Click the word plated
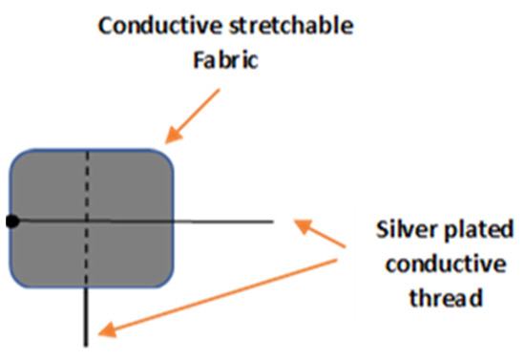pyautogui.click(x=474, y=230)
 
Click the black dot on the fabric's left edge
pyautogui.click(x=11, y=222)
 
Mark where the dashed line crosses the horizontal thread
pyautogui.click(x=88, y=222)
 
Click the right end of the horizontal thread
pyautogui.click(x=273, y=222)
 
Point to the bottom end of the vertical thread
pyautogui.click(x=88, y=341)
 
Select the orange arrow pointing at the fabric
pyautogui.click(x=197, y=116)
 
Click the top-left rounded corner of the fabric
pyautogui.click(x=20, y=160)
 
